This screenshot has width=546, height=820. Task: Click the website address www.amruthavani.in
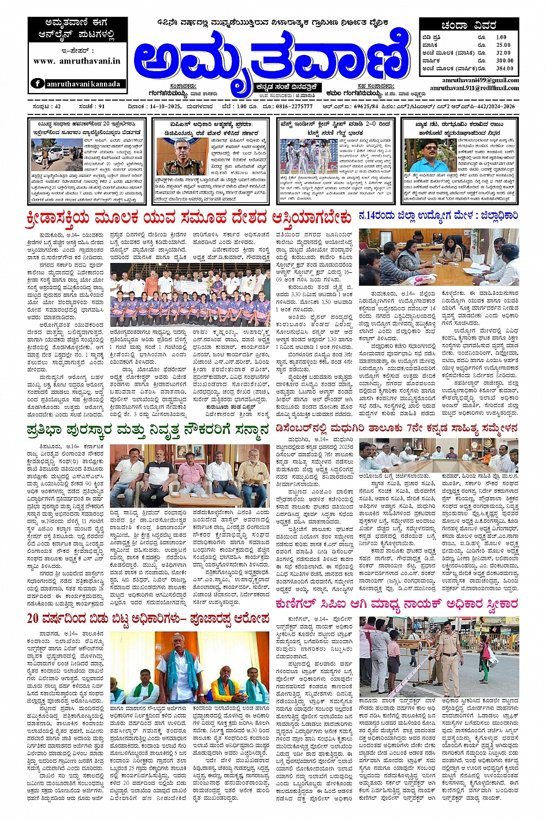76,61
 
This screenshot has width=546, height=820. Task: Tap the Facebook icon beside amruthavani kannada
38,83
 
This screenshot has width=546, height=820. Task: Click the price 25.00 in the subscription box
503,45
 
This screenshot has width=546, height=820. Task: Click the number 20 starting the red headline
33,618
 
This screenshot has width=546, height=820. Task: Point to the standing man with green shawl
181,664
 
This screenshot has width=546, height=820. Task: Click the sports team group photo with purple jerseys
191,295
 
